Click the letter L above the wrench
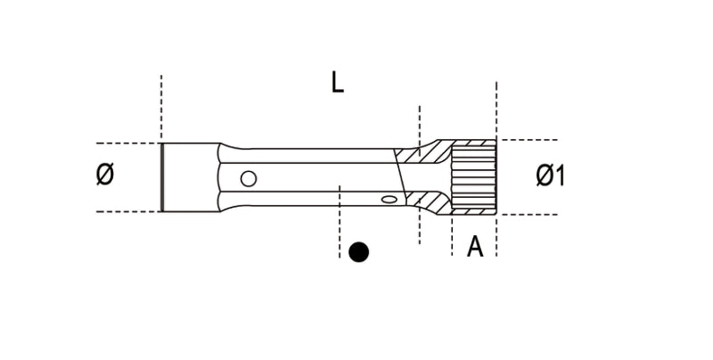(x=337, y=83)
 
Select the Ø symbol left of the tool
(x=104, y=176)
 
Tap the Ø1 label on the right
(x=551, y=176)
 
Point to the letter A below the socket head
(x=475, y=246)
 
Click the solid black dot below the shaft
(x=358, y=252)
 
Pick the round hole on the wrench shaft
(x=249, y=177)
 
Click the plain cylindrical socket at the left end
(x=189, y=176)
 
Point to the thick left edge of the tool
(x=162, y=176)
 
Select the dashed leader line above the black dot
(x=340, y=218)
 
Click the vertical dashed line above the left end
(x=161, y=107)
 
